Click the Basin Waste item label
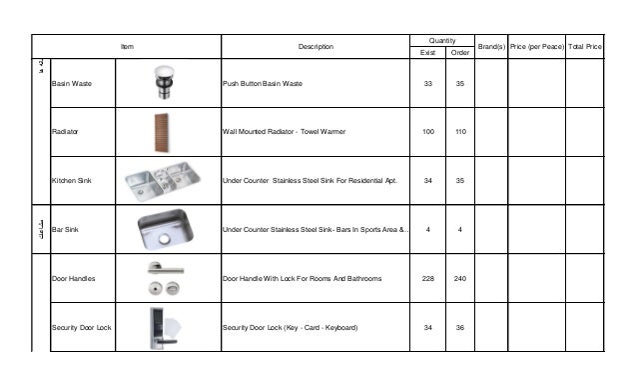(71, 83)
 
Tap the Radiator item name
(66, 132)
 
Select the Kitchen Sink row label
(71, 181)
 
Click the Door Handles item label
(73, 278)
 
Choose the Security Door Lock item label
(80, 327)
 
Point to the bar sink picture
(165, 229)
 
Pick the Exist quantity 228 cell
(428, 278)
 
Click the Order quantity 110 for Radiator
(459, 132)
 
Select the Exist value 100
(428, 132)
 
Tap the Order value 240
(459, 278)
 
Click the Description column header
(316, 47)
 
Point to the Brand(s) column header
(491, 47)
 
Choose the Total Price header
(584, 47)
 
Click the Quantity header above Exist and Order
(443, 40)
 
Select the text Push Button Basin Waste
(262, 83)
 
